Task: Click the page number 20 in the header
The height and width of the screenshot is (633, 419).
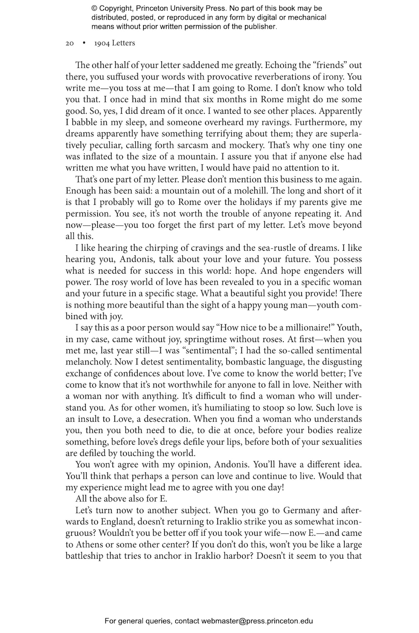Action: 70,43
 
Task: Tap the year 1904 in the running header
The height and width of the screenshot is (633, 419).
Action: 102,43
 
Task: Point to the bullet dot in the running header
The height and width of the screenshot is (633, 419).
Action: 84,43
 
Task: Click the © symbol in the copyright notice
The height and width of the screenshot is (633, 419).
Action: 94,8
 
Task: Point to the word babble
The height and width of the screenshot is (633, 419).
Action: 84,122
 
